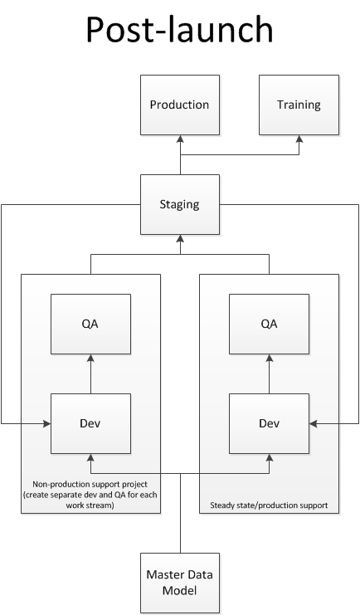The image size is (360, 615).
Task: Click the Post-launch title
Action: [180, 30]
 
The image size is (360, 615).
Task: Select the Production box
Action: [180, 105]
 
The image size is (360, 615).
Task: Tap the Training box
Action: [299, 105]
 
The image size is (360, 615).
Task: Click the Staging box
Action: [180, 205]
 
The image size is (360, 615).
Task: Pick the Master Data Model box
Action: [180, 583]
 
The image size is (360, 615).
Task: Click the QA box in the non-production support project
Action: [90, 325]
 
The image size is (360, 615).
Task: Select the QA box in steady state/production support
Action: [269, 325]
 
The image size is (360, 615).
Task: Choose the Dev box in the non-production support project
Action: [90, 423]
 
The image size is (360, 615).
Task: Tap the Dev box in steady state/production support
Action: [269, 423]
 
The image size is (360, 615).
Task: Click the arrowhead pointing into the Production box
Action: [180, 139]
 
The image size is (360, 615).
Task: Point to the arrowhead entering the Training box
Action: [299, 139]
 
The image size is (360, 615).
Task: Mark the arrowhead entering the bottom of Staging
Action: [180, 238]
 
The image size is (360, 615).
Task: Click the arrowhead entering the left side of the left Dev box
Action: [47, 423]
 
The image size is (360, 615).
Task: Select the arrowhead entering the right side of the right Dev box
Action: [313, 423]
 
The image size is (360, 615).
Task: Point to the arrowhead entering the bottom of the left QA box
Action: [90, 358]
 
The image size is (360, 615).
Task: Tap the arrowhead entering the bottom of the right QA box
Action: [269, 358]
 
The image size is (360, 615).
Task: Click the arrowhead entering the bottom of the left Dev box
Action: [90, 457]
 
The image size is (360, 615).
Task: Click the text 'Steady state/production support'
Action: [269, 505]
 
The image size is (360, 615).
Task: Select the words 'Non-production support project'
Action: [90, 485]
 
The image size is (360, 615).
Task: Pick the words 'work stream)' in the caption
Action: [90, 505]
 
